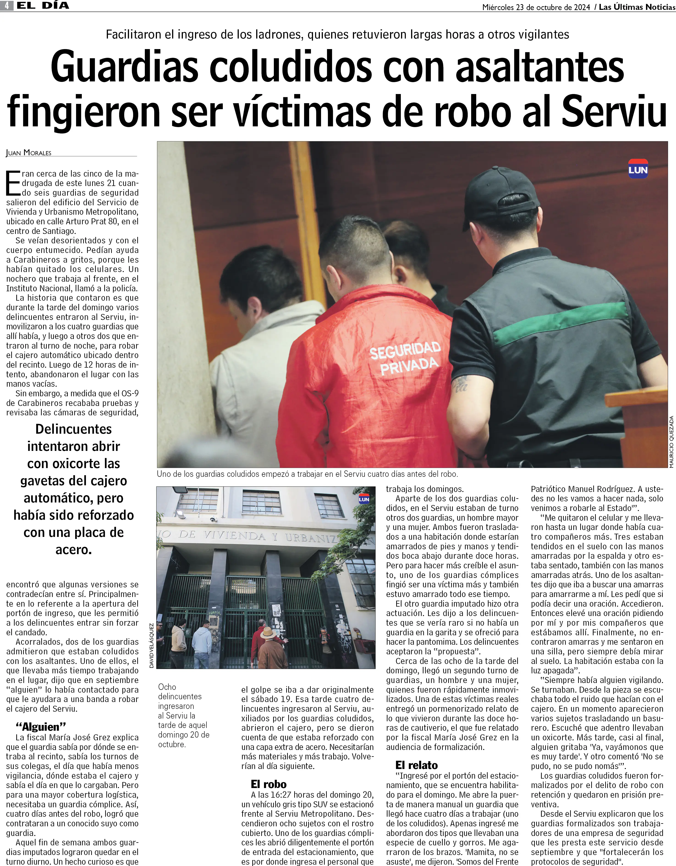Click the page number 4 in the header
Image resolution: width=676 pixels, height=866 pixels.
(7, 6)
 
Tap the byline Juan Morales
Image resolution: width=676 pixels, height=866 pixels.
(29, 153)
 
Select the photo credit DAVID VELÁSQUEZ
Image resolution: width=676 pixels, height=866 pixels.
(151, 646)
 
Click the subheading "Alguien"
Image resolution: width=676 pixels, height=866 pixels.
(40, 726)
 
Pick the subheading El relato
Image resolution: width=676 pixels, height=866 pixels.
(416, 765)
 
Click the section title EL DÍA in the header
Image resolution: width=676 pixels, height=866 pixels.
(43, 6)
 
